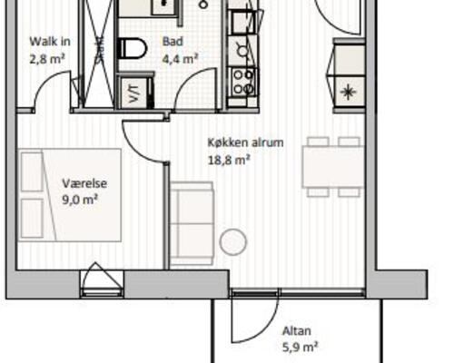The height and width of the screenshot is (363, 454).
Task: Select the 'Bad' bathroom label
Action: [x=172, y=42]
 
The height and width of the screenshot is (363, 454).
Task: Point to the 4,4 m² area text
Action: [x=180, y=59]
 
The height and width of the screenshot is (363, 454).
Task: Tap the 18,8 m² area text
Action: [x=229, y=161]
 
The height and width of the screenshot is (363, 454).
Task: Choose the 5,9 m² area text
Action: [x=300, y=347]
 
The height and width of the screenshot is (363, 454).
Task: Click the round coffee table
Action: [x=232, y=242]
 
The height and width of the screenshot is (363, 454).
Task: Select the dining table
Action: [x=333, y=167]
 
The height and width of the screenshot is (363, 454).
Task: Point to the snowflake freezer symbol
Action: [x=349, y=92]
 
